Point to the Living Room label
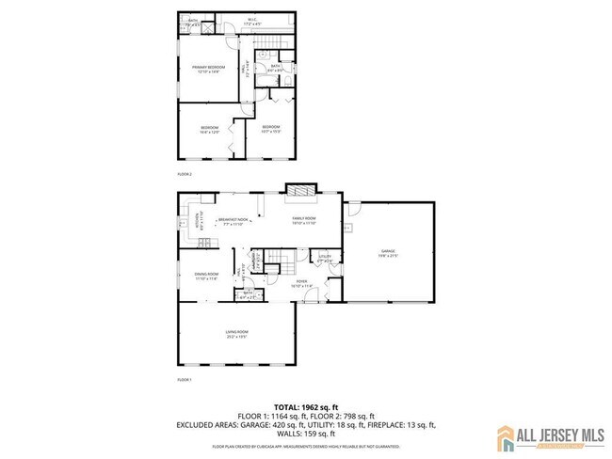pos(236,332)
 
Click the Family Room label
pos(303,221)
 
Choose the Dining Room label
pos(205,276)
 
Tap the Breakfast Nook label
pos(233,221)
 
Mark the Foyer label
pos(302,283)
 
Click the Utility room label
pos(324,258)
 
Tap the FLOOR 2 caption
pos(185,175)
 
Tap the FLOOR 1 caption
pos(185,379)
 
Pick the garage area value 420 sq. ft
pos(276,425)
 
